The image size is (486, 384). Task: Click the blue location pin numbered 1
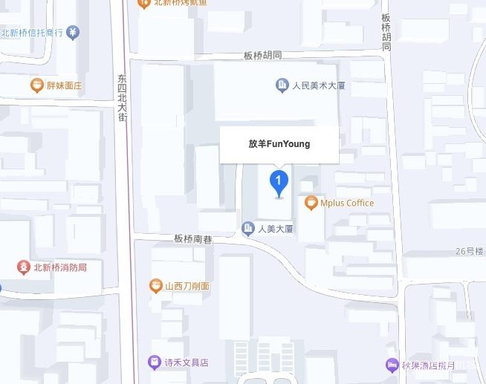[278, 181]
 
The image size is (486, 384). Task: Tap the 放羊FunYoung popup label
[279, 144]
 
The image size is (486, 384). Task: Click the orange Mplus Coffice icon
[312, 203]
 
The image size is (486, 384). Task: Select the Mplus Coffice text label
[347, 203]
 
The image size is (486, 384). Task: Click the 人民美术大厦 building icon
[282, 85]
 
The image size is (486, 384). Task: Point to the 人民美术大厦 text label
[319, 85]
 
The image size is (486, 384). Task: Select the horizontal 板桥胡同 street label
[263, 56]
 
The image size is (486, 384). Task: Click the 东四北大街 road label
[122, 97]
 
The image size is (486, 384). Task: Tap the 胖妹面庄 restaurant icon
[36, 85]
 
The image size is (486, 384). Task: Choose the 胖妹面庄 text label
[64, 85]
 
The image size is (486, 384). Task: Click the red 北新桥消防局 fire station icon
[24, 267]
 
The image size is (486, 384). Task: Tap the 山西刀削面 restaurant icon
[155, 286]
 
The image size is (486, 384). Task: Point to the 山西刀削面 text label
[187, 286]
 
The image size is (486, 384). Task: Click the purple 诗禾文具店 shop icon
[154, 363]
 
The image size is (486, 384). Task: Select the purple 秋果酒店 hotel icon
[392, 365]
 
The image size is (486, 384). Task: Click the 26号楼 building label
[470, 252]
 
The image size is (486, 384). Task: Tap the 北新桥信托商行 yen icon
[73, 33]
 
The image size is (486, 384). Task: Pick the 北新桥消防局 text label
[60, 267]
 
